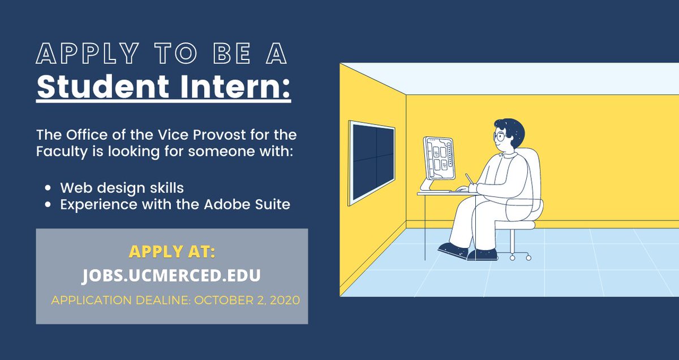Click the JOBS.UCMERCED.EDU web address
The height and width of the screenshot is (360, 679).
(171, 275)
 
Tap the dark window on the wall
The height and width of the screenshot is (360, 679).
(371, 162)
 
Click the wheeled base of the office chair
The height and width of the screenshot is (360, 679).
(512, 253)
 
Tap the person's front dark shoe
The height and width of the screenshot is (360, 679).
(453, 250)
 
